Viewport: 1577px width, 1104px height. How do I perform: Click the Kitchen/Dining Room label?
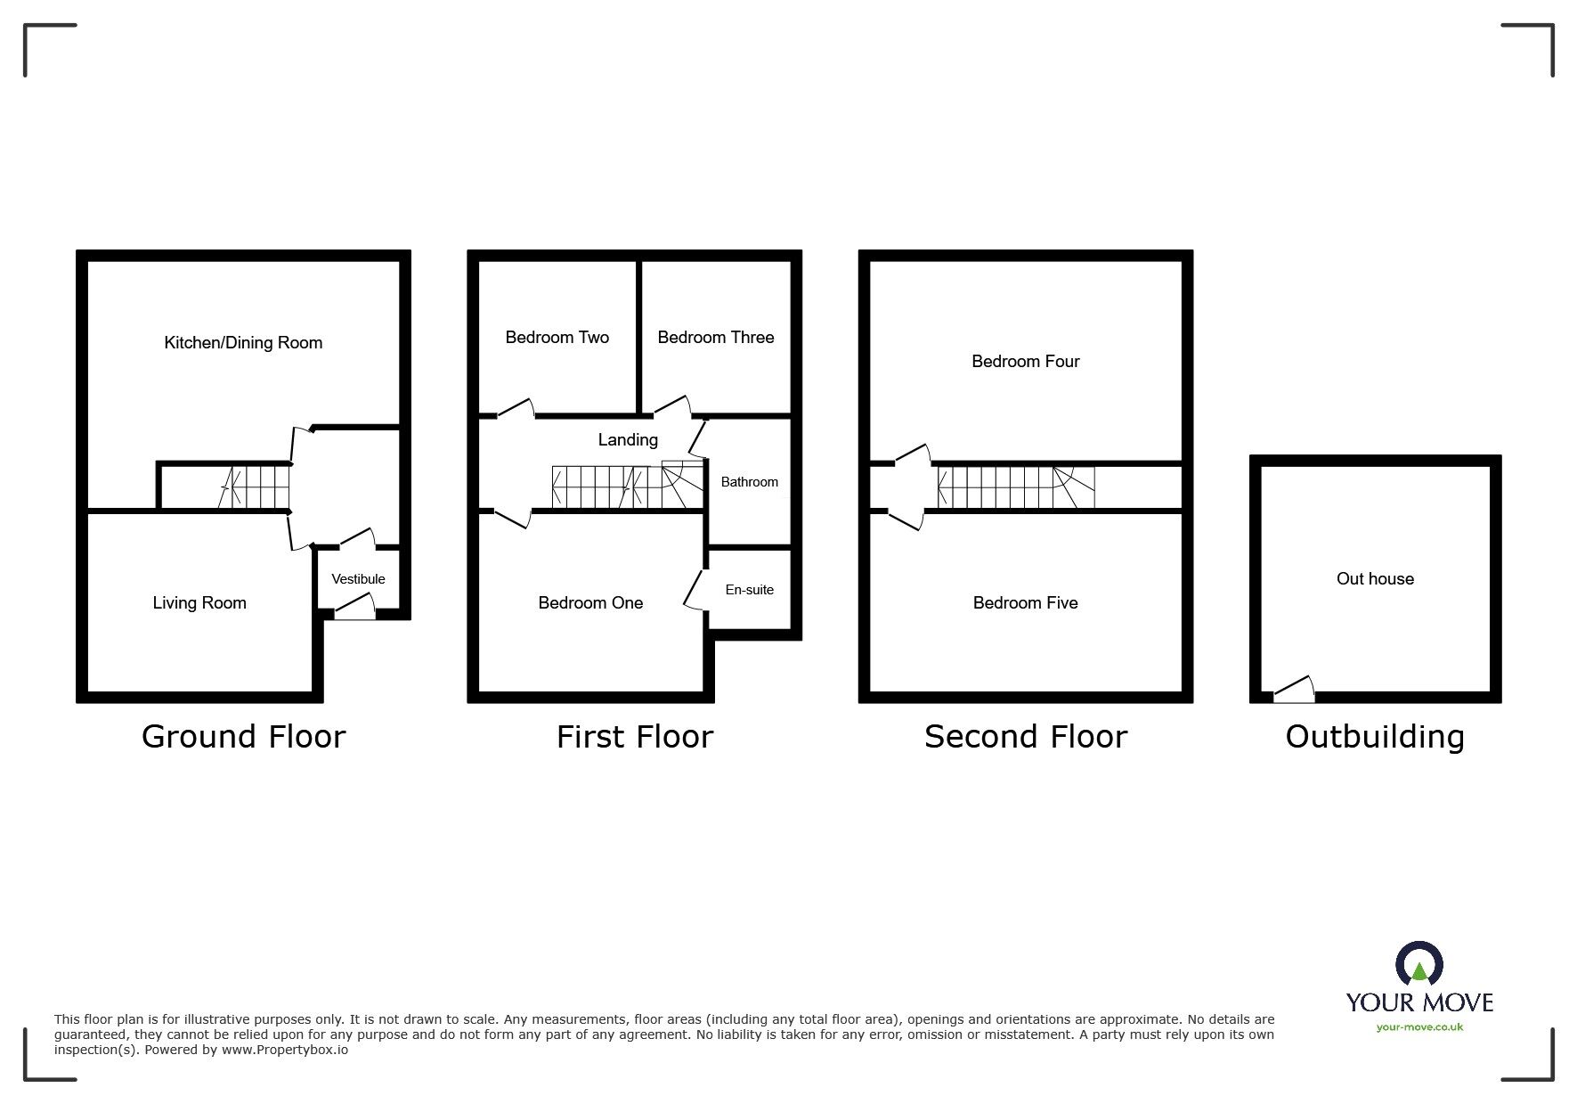click(x=243, y=343)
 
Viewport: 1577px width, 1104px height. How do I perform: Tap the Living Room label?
click(x=199, y=603)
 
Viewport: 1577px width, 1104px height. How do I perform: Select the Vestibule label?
click(x=358, y=579)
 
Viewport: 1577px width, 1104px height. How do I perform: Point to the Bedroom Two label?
click(x=557, y=338)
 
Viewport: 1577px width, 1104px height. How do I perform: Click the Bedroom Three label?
click(x=716, y=338)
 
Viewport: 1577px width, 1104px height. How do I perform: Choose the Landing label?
click(x=628, y=440)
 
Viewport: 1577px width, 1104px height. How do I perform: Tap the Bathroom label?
click(x=749, y=482)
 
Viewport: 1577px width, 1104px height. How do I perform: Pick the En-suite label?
click(x=749, y=590)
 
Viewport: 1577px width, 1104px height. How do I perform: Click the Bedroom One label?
click(x=590, y=603)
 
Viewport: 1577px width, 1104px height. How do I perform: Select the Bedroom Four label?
click(x=1025, y=362)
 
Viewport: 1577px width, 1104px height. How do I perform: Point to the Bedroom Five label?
click(x=1025, y=603)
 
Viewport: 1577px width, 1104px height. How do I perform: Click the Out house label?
click(x=1375, y=579)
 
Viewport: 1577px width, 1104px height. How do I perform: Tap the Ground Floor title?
click(x=243, y=737)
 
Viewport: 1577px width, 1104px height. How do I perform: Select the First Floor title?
click(x=635, y=737)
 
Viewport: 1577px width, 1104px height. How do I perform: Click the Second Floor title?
click(x=1026, y=737)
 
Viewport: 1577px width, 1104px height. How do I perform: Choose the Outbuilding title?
click(x=1375, y=737)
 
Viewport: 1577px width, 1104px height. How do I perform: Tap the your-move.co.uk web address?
click(x=1419, y=1027)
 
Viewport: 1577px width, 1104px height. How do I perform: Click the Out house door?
click(x=1294, y=690)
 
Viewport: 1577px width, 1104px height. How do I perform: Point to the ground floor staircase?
click(x=255, y=487)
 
